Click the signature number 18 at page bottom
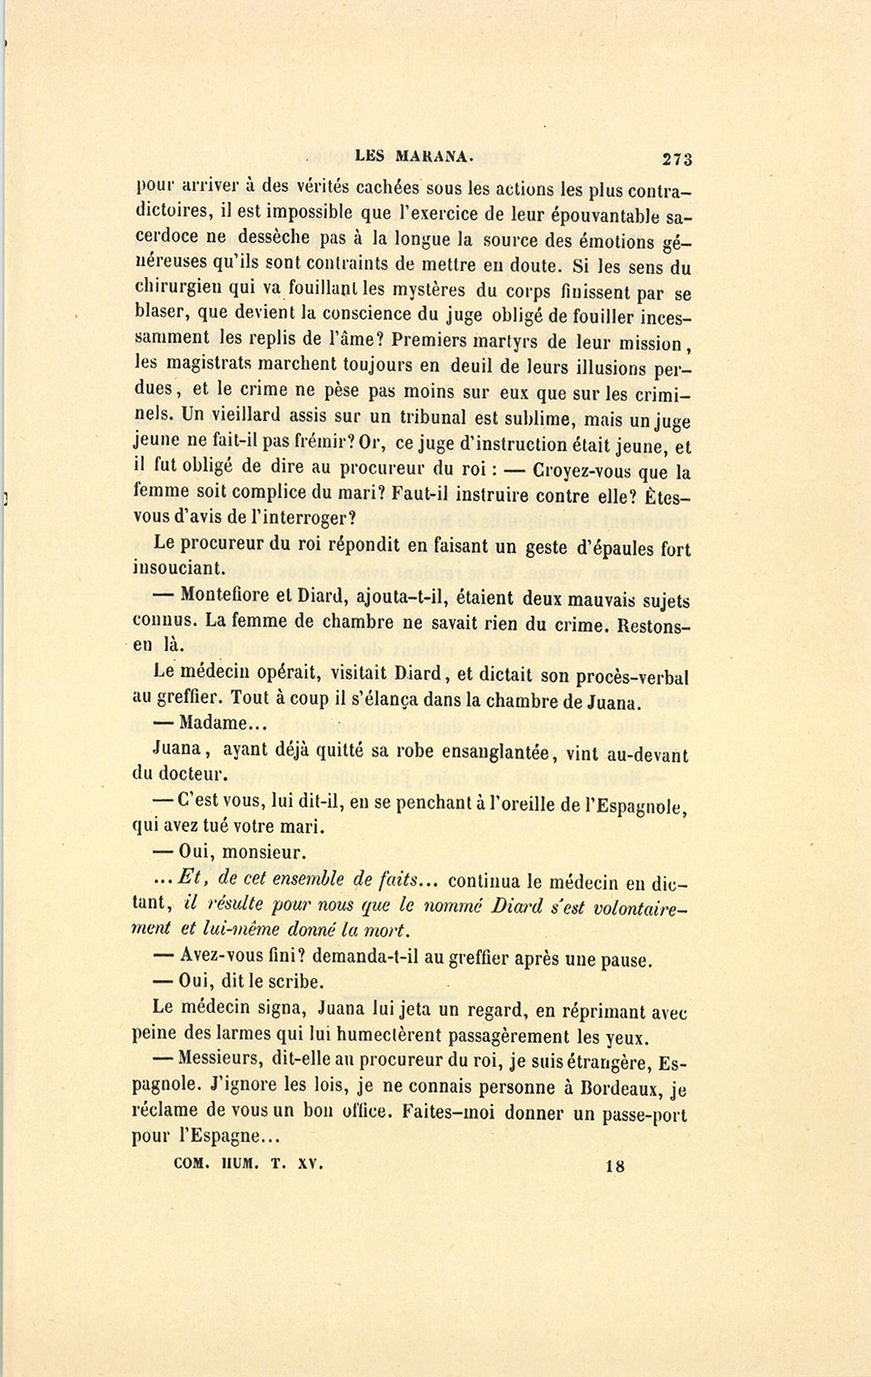[x=615, y=1166]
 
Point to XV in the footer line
[x=309, y=1165]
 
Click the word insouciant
[x=179, y=569]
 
